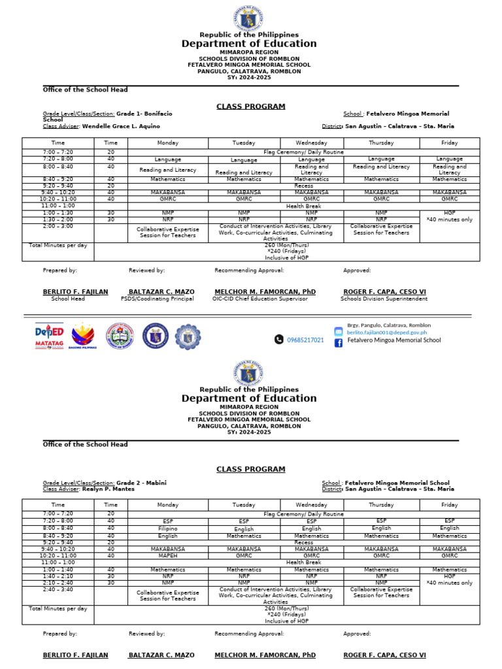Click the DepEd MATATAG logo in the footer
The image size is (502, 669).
[x=50, y=336]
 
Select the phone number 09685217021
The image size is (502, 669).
[x=305, y=340]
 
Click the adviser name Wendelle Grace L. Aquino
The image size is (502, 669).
[x=120, y=126]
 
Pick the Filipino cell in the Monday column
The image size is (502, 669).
[x=167, y=529]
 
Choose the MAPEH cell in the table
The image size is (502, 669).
[x=167, y=556]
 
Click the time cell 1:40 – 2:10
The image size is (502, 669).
[x=58, y=576]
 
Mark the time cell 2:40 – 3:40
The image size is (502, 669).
[x=58, y=589]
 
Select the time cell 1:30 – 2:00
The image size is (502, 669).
[x=58, y=220]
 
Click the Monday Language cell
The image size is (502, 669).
[x=167, y=159]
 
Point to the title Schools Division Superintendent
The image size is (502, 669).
[x=384, y=299]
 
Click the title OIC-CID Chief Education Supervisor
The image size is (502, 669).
[x=259, y=299]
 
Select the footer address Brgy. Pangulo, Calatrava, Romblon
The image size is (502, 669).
[x=388, y=325]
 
